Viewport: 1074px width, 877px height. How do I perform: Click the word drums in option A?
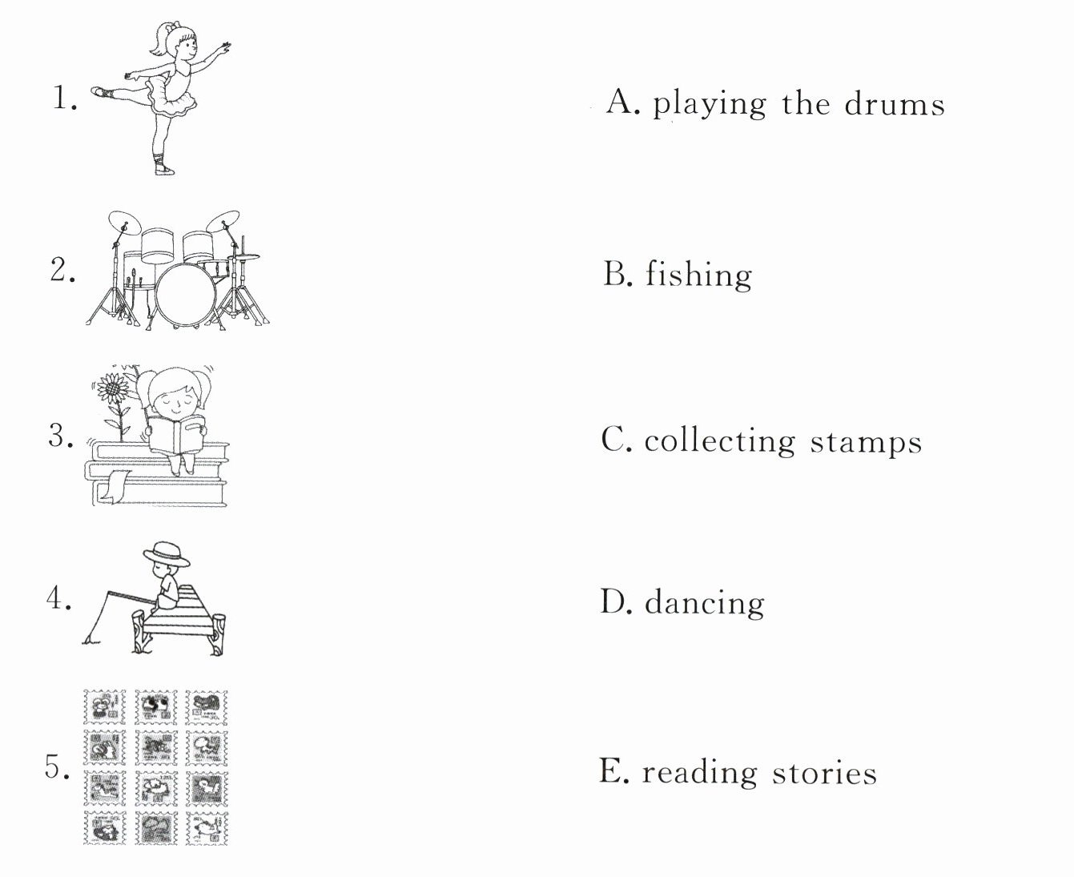click(895, 104)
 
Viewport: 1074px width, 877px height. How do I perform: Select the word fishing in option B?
click(698, 275)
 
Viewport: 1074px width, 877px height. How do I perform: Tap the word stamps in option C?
click(866, 442)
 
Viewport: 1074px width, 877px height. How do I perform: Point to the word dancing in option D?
click(705, 602)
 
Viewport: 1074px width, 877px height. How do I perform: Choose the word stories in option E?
click(824, 773)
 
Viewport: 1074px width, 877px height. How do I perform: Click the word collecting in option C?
click(719, 441)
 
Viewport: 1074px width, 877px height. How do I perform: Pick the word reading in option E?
click(699, 773)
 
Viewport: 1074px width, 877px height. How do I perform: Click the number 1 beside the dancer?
click(64, 97)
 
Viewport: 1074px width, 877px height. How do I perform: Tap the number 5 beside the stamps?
click(57, 766)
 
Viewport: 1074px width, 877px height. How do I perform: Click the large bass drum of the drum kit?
click(185, 295)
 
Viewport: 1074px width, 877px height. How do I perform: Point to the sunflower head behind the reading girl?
click(113, 388)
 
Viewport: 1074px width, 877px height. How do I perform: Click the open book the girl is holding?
click(176, 435)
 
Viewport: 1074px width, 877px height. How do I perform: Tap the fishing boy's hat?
click(166, 553)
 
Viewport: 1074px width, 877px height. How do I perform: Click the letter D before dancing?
click(613, 601)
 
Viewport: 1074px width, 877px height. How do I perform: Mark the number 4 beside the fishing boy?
click(58, 598)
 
